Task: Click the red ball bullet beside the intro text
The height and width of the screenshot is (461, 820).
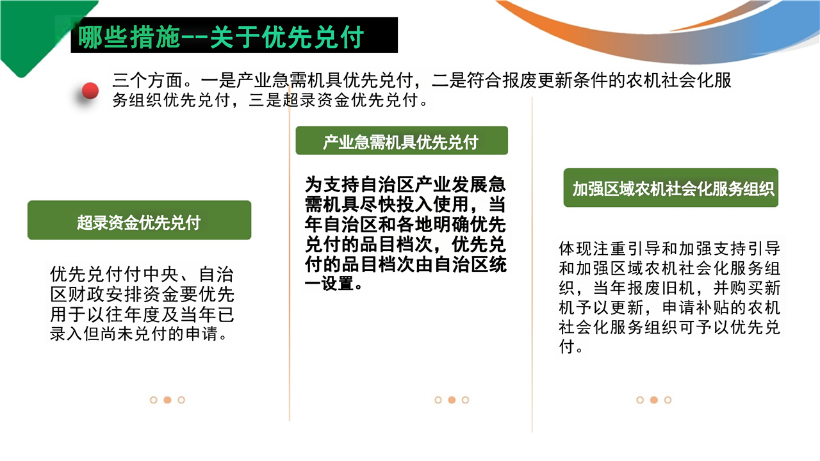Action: point(90,90)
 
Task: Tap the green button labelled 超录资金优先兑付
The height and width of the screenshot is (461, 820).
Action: point(139,220)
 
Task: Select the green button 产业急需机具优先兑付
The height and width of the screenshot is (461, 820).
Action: point(402,140)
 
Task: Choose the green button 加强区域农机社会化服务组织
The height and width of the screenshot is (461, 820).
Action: point(671,188)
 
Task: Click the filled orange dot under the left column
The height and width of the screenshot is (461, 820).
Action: point(167,400)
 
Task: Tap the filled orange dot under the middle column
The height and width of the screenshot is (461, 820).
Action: point(452,400)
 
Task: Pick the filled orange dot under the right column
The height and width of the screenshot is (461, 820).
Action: point(654,400)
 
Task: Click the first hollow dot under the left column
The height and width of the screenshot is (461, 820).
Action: point(154,400)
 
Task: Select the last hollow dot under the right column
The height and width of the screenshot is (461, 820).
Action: point(668,400)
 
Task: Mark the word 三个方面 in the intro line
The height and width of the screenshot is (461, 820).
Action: point(147,80)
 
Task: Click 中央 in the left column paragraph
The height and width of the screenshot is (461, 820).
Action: point(161,274)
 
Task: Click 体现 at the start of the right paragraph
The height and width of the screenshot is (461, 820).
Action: point(575,249)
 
